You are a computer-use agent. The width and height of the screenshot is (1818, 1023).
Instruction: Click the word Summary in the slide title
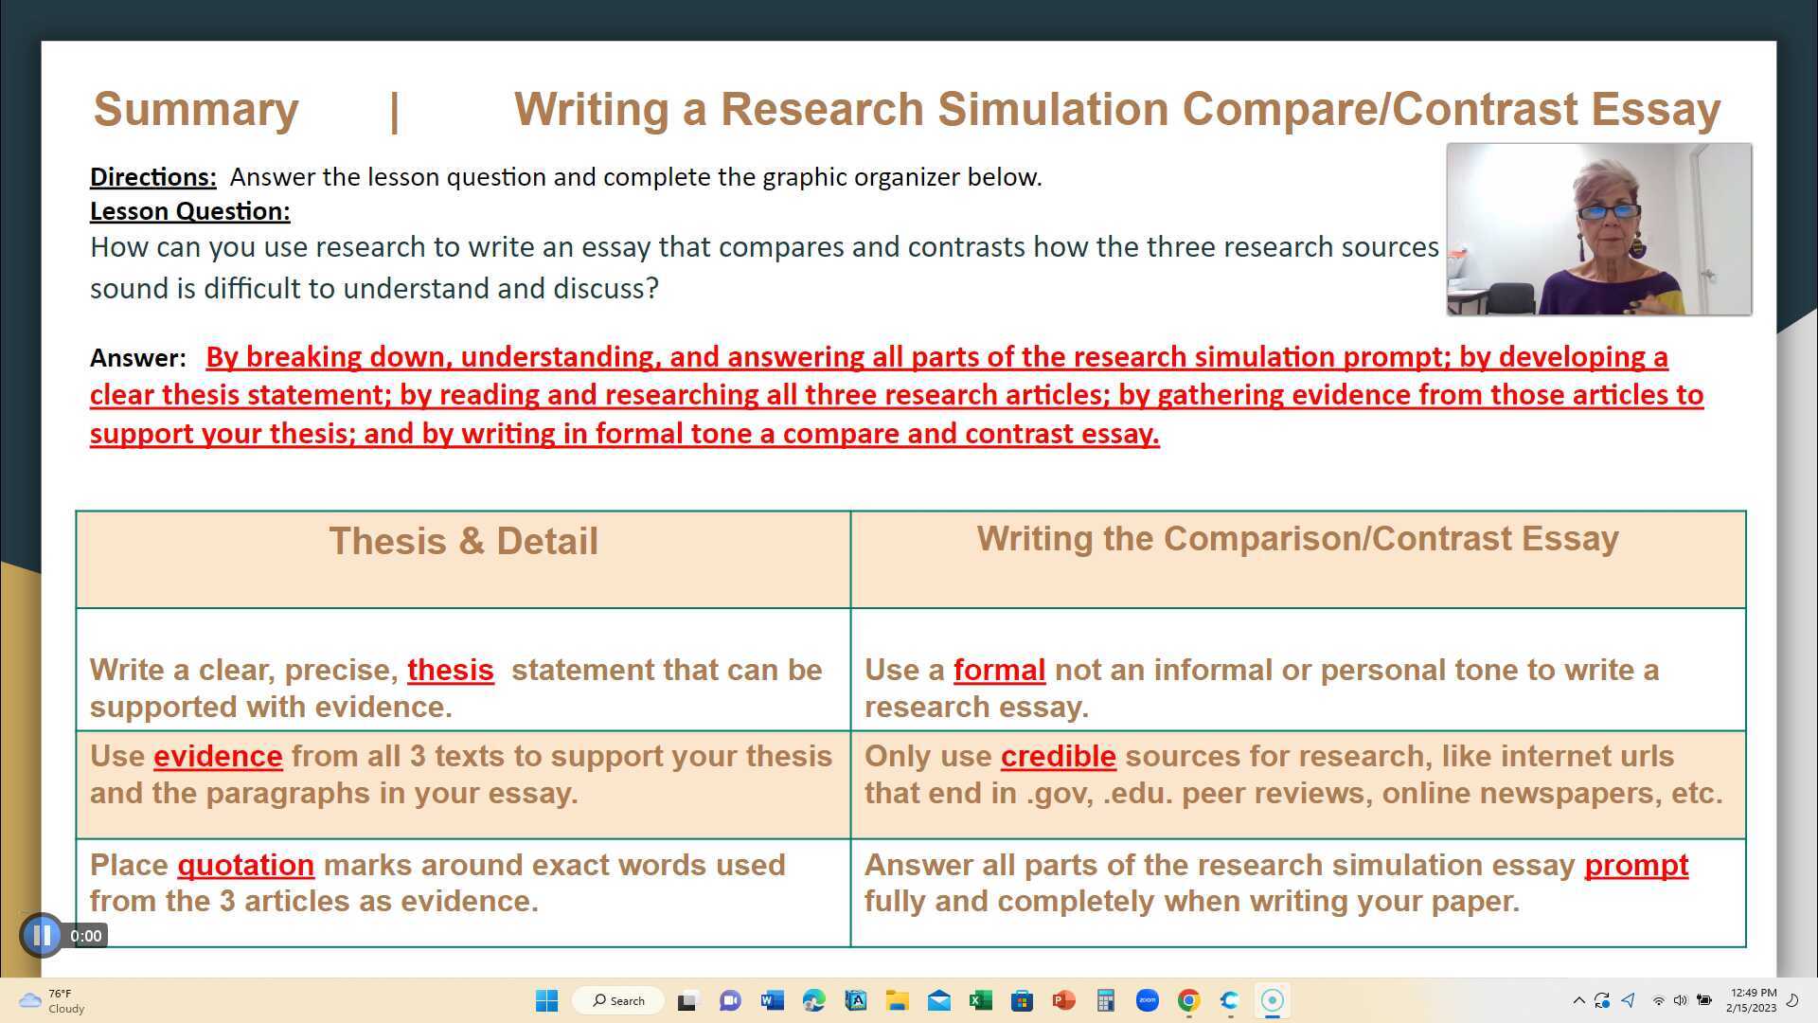(x=196, y=109)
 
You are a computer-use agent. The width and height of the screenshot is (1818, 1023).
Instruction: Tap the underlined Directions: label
(x=152, y=177)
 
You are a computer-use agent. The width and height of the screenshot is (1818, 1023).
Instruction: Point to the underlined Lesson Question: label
(x=189, y=211)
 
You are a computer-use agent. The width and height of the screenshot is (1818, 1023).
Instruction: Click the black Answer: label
(x=138, y=358)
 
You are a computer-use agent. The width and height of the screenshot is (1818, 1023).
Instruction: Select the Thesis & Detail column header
(x=463, y=542)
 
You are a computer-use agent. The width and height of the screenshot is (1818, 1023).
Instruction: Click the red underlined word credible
(x=1058, y=756)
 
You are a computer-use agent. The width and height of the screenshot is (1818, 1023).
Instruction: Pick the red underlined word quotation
(x=245, y=865)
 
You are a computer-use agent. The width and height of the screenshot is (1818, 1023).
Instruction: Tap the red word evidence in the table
(x=218, y=756)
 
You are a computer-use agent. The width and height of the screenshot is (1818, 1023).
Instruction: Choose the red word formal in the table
(x=999, y=670)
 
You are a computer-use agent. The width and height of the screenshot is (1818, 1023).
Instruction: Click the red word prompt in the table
(x=1635, y=865)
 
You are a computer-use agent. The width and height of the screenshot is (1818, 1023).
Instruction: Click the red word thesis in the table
(x=450, y=670)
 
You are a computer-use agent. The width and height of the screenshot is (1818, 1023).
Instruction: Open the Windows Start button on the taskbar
(x=546, y=1000)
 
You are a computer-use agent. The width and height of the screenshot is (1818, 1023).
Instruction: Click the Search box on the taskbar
(x=618, y=1000)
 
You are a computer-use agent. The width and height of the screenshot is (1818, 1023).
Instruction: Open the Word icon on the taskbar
(x=772, y=1000)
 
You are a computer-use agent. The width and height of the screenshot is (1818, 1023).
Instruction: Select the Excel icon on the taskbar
(x=980, y=1000)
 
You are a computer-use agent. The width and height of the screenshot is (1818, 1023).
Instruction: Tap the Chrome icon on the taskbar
(x=1188, y=1000)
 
